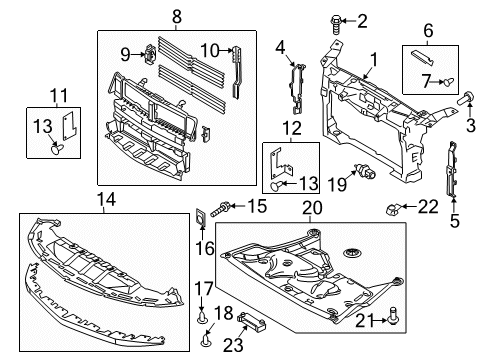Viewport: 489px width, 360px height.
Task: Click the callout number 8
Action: [176, 17]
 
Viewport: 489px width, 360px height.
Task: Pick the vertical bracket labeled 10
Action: [236, 68]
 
